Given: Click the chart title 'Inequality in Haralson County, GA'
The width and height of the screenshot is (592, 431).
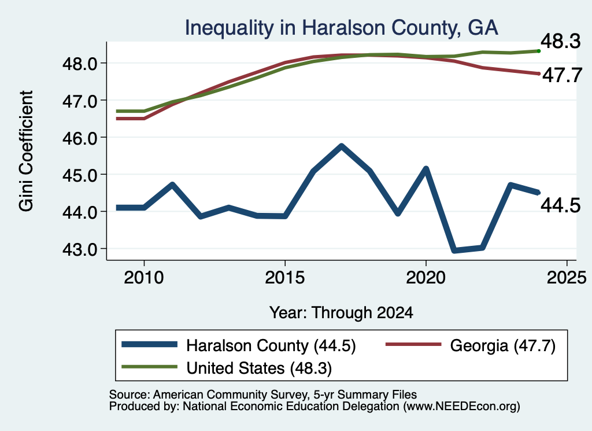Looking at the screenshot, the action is click(x=341, y=28).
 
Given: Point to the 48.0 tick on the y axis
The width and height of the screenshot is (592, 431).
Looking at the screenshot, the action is click(x=80, y=64).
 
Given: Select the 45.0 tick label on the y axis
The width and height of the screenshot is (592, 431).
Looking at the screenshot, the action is click(x=80, y=175).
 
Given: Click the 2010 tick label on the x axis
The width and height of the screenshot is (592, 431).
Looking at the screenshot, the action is click(x=144, y=278).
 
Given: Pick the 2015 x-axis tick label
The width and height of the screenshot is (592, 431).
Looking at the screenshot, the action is click(x=284, y=278).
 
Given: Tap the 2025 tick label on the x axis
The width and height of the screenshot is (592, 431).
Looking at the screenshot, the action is click(x=567, y=278).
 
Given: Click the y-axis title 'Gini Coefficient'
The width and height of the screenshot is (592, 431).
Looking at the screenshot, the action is click(x=26, y=151).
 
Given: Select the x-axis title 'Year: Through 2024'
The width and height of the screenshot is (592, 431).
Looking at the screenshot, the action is click(x=341, y=313).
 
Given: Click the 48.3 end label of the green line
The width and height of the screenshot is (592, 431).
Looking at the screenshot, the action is click(x=561, y=41).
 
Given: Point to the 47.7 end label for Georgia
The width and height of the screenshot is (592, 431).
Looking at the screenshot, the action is click(x=562, y=75).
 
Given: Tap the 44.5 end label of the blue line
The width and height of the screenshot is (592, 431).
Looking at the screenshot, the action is click(x=561, y=206).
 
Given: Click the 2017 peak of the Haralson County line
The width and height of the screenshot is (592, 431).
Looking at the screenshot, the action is click(x=341, y=146).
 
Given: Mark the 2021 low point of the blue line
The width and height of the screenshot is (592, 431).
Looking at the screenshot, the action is click(x=454, y=251).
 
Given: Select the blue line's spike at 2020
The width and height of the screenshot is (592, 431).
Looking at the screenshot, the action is click(x=426, y=169).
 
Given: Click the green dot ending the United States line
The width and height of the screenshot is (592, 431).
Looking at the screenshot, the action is click(x=539, y=51).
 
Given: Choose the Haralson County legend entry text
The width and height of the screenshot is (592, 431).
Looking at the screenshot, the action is click(x=271, y=345).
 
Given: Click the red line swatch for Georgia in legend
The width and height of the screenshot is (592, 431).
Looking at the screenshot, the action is click(x=413, y=344).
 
